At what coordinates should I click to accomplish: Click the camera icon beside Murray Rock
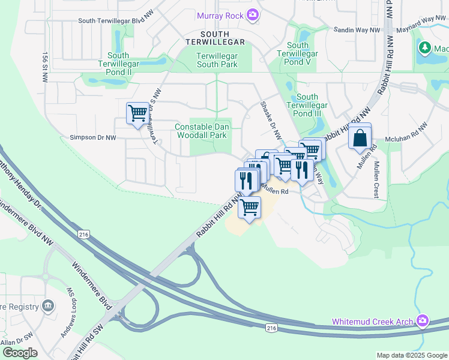pyautogui.click(x=253, y=13)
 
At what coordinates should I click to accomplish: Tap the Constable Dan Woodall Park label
pyautogui.click(x=200, y=131)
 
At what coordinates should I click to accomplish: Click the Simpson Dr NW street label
pyautogui.click(x=92, y=137)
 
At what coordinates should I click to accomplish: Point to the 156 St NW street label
pyautogui.click(x=44, y=62)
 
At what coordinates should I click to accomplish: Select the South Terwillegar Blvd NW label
pyautogui.click(x=116, y=21)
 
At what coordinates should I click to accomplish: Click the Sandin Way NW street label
pyautogui.click(x=357, y=29)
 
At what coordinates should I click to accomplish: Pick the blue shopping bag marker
pyautogui.click(x=360, y=137)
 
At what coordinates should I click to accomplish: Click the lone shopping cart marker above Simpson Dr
pyautogui.click(x=137, y=112)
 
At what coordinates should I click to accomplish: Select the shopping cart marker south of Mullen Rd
pyautogui.click(x=249, y=208)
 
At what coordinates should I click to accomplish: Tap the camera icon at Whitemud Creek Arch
pyautogui.click(x=423, y=322)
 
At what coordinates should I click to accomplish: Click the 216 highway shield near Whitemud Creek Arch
pyautogui.click(x=272, y=328)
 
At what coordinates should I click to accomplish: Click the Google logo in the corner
pyautogui.click(x=20, y=353)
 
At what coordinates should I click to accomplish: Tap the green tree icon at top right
pyautogui.click(x=425, y=47)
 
